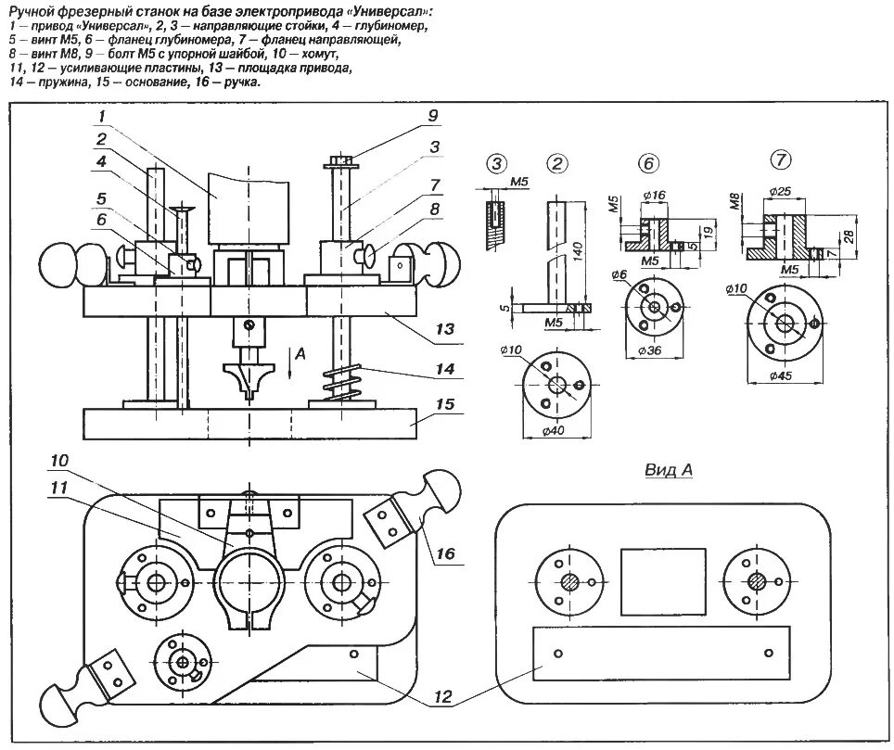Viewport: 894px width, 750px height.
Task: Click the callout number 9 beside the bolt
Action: tap(432, 116)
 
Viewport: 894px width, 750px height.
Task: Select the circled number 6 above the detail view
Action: tap(647, 164)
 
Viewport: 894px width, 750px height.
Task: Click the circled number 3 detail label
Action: tap(497, 164)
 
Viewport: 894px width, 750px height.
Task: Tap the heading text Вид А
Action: tap(669, 470)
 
